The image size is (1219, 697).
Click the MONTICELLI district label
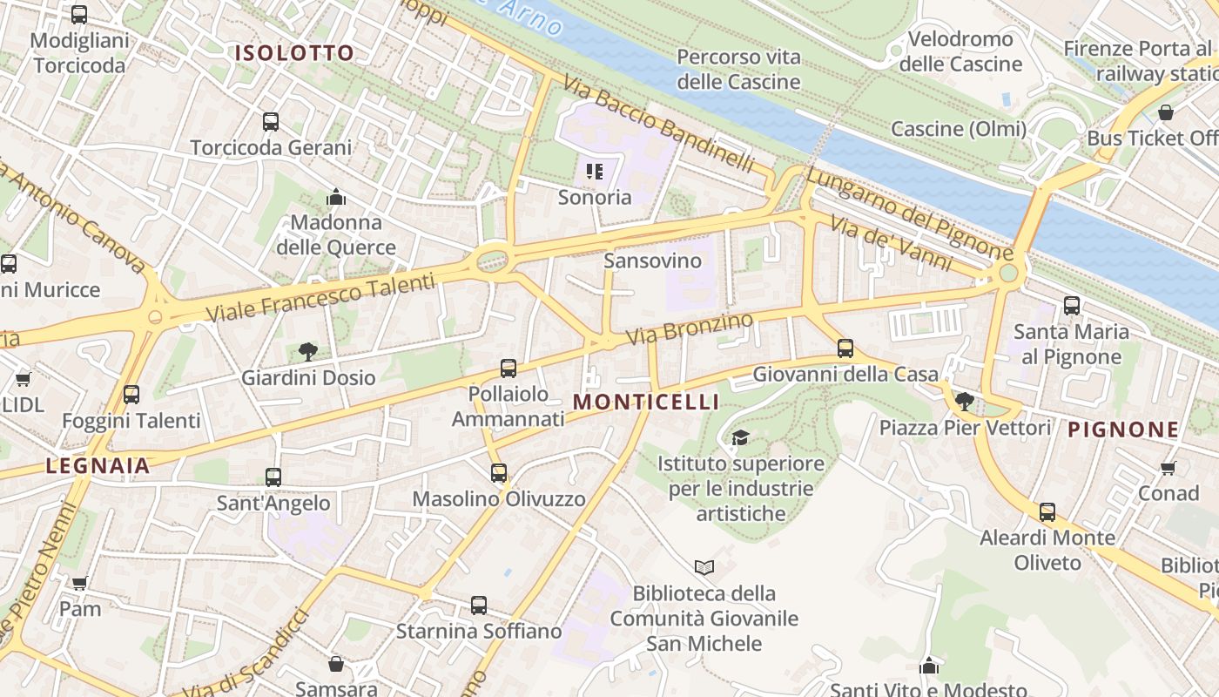[647, 402]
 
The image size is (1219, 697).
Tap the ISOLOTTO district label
[294, 53]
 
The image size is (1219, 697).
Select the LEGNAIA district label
[98, 466]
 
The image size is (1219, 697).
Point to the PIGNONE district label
[1123, 430]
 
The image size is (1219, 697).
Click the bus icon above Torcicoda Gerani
[271, 122]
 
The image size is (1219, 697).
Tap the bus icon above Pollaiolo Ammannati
[508, 369]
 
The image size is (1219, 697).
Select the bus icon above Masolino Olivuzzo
[499, 473]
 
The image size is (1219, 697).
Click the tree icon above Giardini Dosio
[307, 352]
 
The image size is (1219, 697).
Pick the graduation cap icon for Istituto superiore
[740, 437]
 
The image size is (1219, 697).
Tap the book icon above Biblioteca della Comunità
[704, 568]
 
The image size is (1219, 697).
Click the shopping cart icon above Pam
[80, 583]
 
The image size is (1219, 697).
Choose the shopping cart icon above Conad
[1168, 468]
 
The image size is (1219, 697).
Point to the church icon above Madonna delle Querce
[336, 198]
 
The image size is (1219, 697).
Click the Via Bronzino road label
[689, 328]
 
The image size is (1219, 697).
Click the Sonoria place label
[595, 197]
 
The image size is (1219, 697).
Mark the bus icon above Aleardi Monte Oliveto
[1047, 512]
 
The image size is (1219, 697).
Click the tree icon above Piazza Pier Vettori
[964, 401]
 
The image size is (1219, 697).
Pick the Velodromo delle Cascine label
[960, 51]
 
